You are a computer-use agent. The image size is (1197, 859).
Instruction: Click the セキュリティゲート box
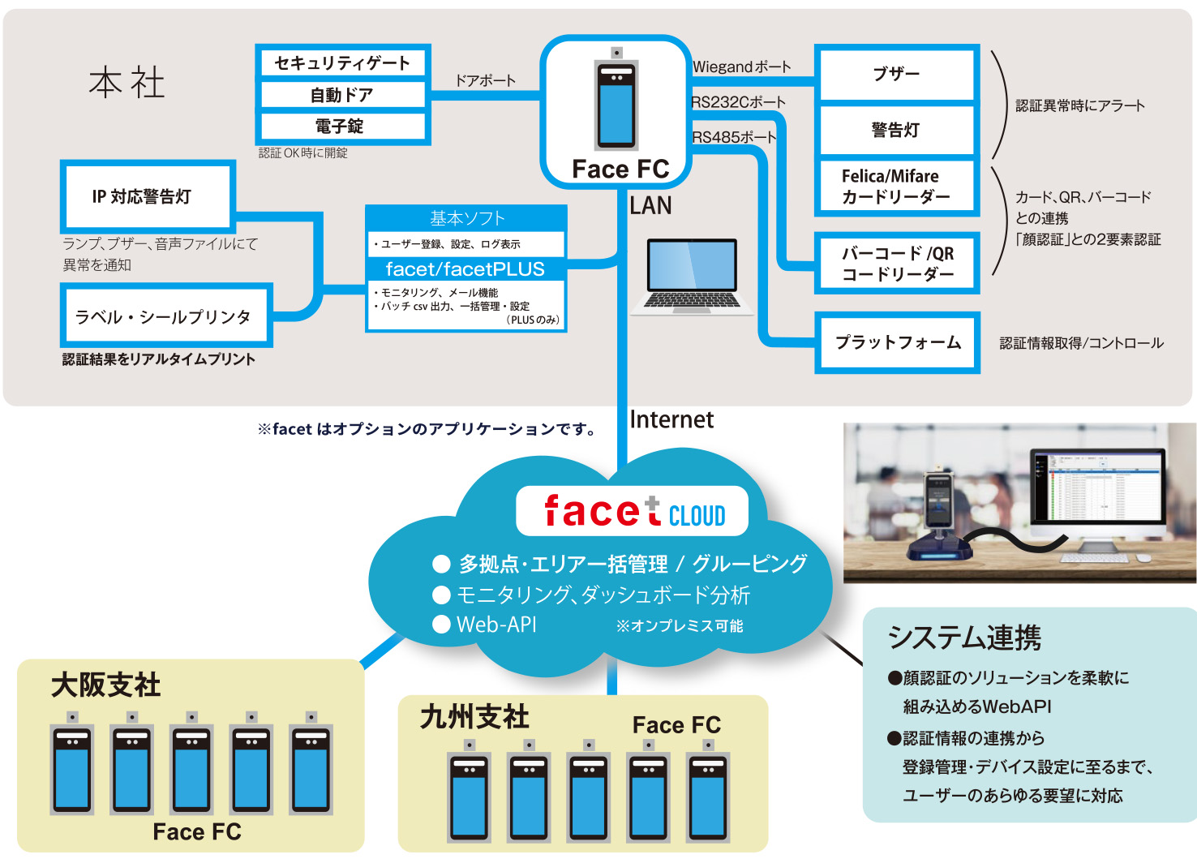click(342, 63)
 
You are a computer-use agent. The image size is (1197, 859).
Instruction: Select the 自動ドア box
click(342, 95)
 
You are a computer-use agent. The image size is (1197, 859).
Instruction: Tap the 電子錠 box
click(342, 127)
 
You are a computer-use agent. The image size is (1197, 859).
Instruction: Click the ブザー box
click(896, 74)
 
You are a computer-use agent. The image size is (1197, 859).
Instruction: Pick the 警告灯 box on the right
click(896, 130)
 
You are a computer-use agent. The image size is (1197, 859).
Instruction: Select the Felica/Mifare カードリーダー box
click(896, 187)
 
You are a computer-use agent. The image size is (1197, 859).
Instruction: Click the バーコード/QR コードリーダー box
click(897, 264)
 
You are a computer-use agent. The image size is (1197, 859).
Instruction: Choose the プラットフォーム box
click(897, 342)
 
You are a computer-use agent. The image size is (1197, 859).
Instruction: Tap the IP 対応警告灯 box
click(147, 196)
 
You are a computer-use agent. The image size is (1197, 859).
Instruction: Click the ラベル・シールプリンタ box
click(165, 316)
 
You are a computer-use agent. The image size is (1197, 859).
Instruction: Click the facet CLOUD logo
click(633, 512)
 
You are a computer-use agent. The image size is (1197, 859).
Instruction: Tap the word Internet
click(671, 419)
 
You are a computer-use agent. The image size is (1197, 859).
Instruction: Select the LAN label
click(650, 206)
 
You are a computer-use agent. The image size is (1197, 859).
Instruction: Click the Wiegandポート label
click(741, 67)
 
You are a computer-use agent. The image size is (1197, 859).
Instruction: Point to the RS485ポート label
click(733, 138)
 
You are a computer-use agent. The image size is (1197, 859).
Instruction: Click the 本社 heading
click(127, 83)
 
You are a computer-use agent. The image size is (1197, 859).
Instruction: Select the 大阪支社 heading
click(105, 685)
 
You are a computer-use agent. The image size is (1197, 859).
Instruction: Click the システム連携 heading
click(964, 638)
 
